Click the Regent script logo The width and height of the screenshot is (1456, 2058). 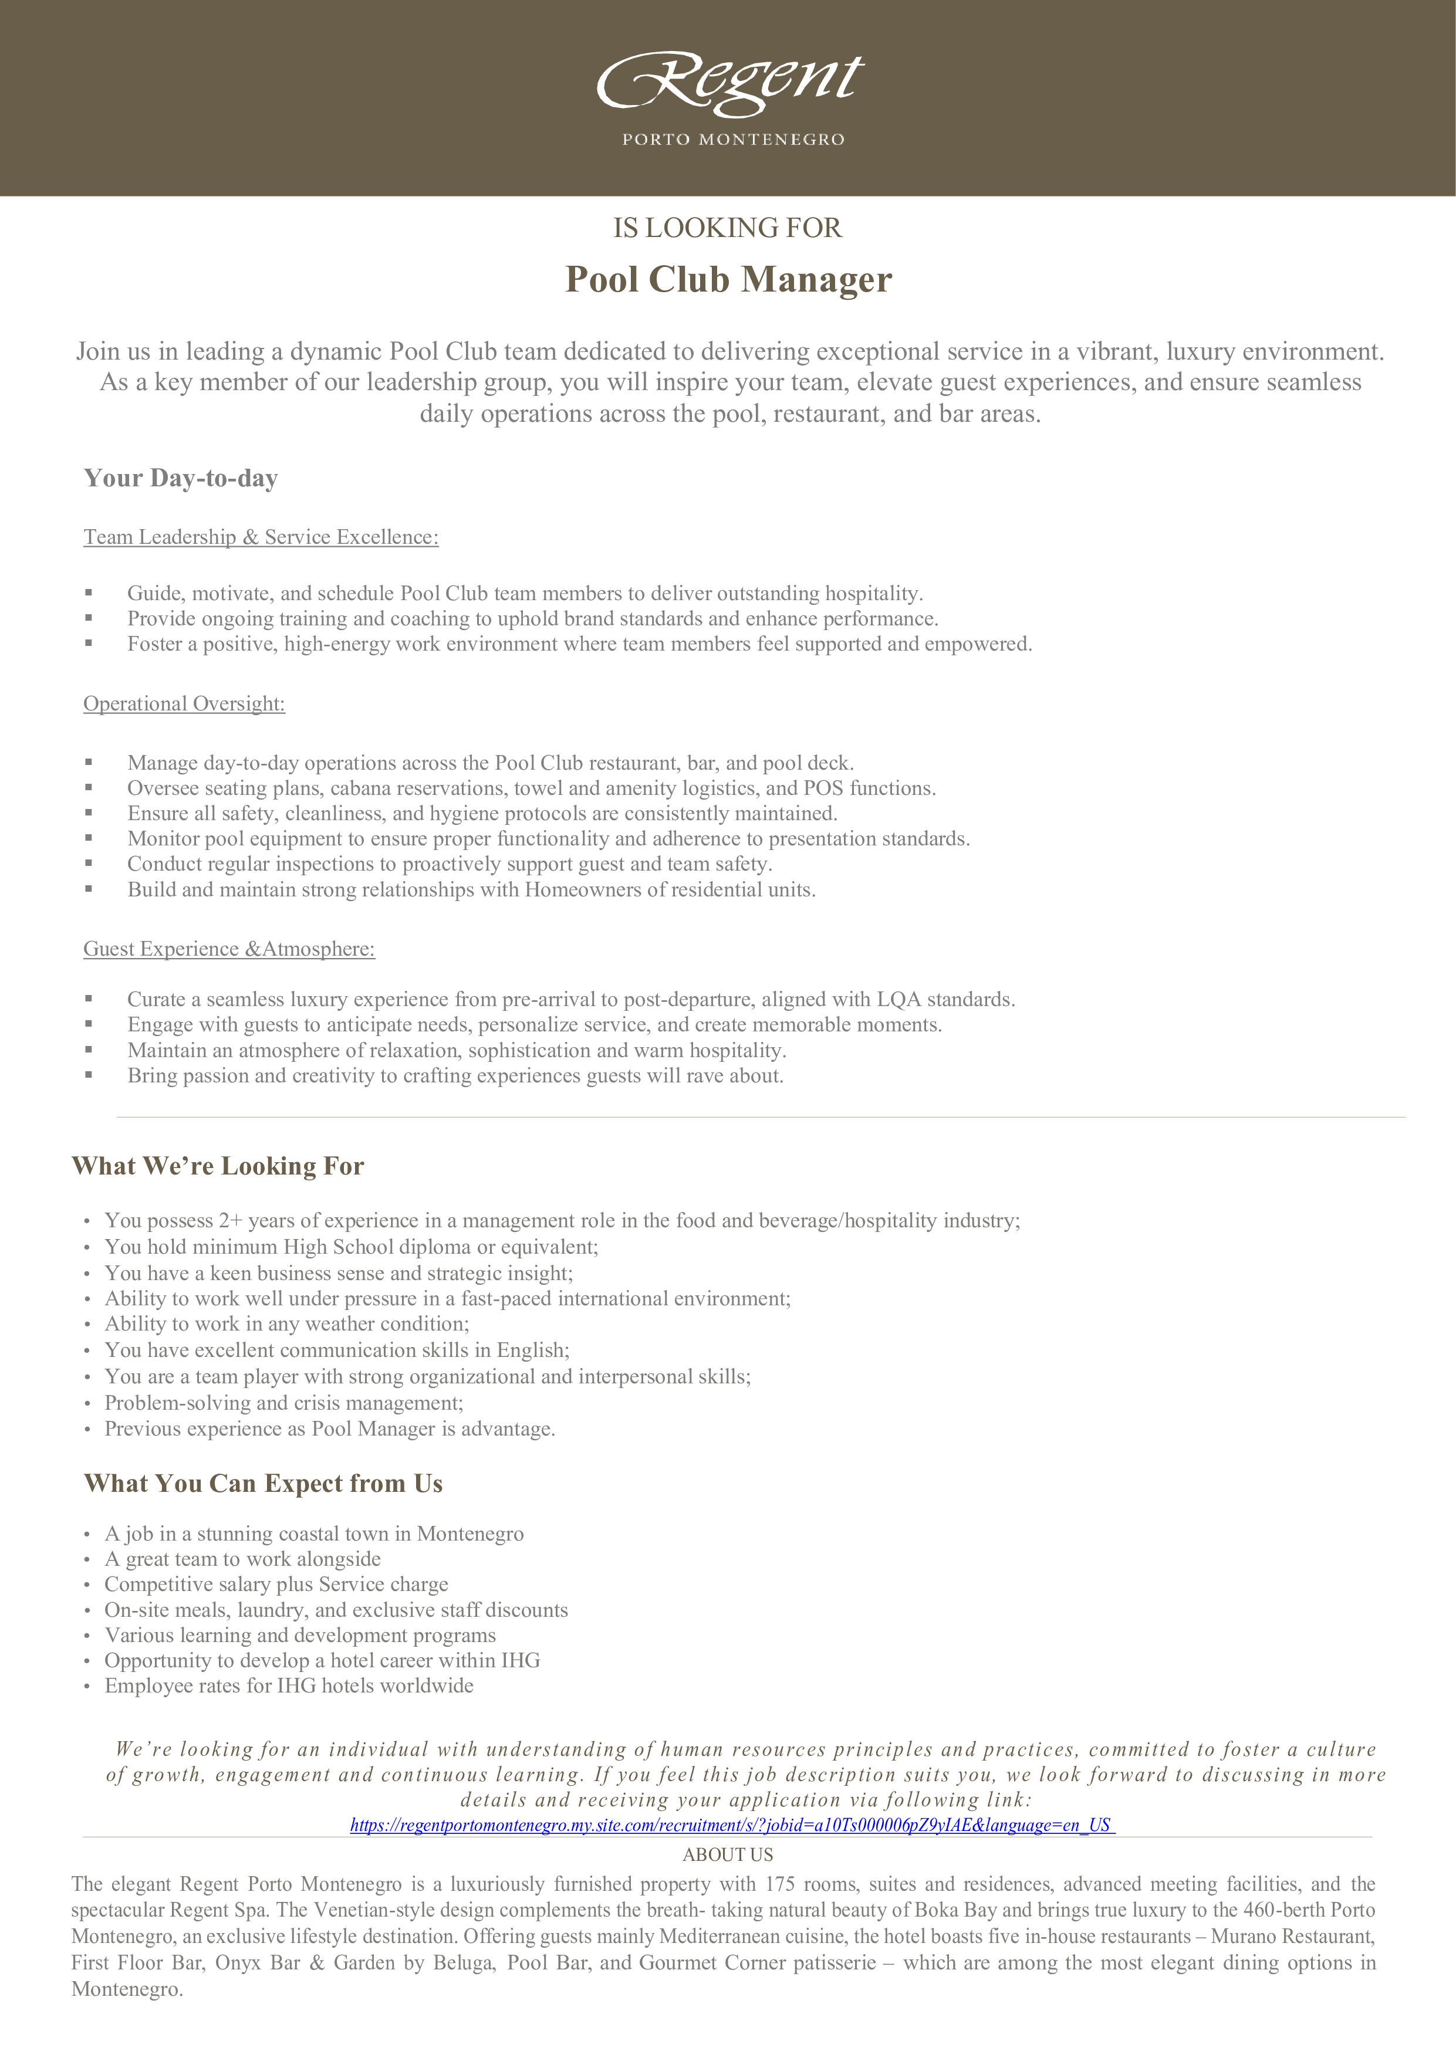(x=730, y=83)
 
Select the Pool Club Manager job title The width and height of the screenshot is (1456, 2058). (x=728, y=280)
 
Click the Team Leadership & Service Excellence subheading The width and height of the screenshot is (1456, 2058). (x=261, y=537)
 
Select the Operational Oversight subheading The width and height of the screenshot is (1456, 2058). (x=184, y=703)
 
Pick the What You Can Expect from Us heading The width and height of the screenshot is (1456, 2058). (x=263, y=1484)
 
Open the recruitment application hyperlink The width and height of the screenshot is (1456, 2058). (x=731, y=1825)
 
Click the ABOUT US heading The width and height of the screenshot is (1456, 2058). (x=728, y=1854)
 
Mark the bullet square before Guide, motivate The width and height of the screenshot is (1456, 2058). (x=89, y=593)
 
